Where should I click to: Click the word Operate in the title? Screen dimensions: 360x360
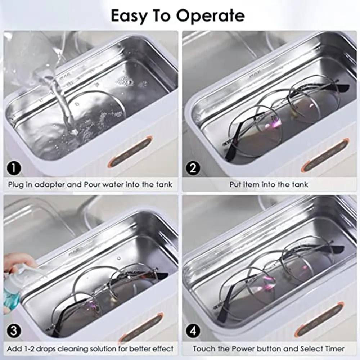pyautogui.click(x=210, y=15)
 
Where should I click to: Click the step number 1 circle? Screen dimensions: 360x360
pyautogui.click(x=14, y=168)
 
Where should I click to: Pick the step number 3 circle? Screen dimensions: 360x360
pyautogui.click(x=14, y=331)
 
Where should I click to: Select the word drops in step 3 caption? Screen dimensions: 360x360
pyautogui.click(x=46, y=349)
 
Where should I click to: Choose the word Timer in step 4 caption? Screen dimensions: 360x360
pyautogui.click(x=334, y=349)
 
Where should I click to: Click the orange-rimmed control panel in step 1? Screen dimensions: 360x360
pyautogui.click(x=130, y=151)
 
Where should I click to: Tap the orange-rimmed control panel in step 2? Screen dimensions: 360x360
pyautogui.click(x=325, y=155)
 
